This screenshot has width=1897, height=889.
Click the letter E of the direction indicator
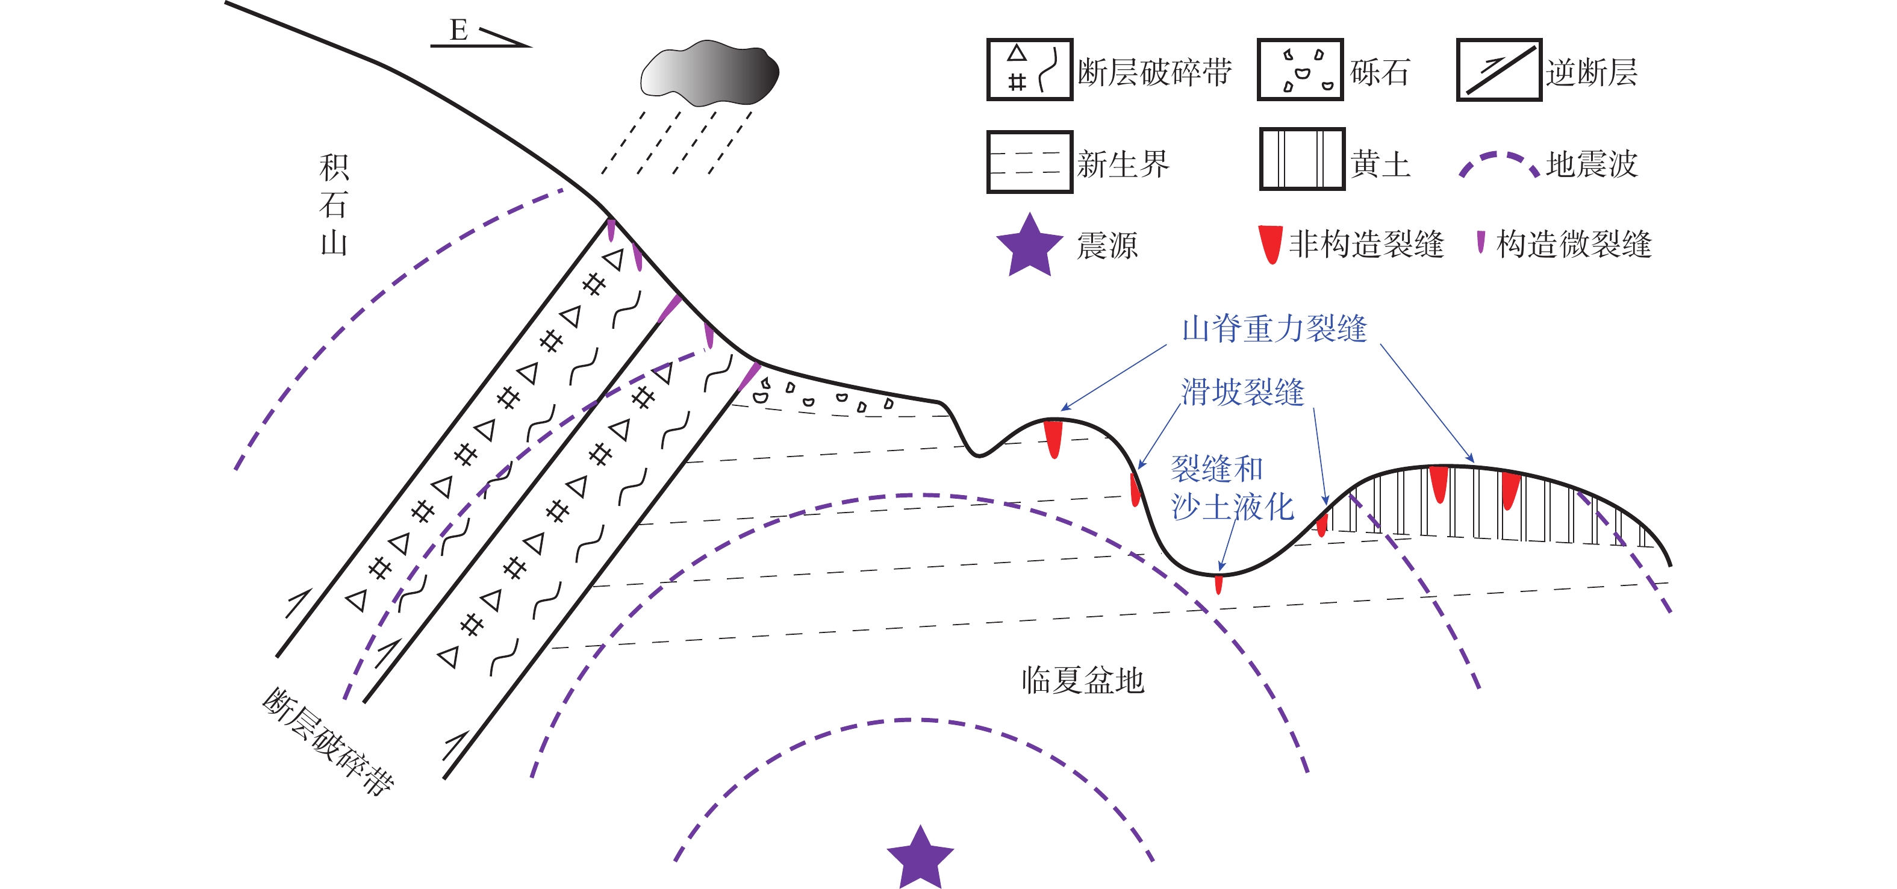tap(458, 31)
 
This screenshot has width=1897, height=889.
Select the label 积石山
tap(334, 205)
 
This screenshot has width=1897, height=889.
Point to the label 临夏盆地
tap(1083, 680)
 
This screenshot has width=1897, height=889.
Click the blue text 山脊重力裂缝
tap(1274, 328)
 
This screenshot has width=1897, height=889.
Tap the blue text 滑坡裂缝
tap(1242, 392)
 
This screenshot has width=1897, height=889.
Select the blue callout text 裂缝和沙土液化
tap(1232, 488)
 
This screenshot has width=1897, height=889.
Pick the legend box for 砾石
tap(1301, 70)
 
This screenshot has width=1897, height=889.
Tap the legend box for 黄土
tap(1302, 159)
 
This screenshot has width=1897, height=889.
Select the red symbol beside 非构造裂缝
tap(1270, 244)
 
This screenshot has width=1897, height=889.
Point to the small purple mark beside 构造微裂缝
tap(1480, 242)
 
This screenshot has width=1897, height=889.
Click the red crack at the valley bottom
tap(1219, 584)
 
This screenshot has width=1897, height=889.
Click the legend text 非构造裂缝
tap(1366, 244)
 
